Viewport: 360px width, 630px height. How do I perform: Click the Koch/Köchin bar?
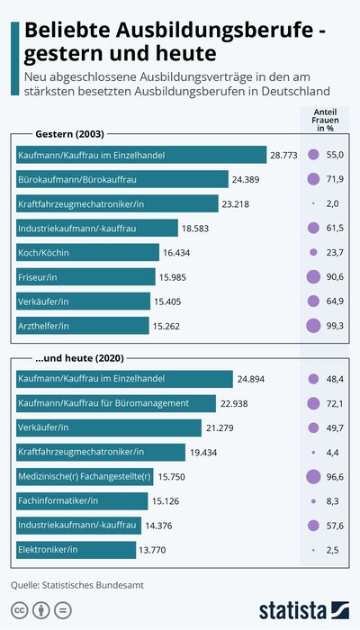click(x=87, y=252)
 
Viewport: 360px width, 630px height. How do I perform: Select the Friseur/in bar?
click(x=85, y=277)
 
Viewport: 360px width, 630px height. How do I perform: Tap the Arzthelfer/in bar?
click(x=83, y=326)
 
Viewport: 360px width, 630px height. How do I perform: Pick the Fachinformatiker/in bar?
click(x=82, y=501)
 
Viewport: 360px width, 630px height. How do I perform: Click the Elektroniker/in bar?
click(x=76, y=550)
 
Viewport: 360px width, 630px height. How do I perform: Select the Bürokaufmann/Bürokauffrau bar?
click(x=122, y=179)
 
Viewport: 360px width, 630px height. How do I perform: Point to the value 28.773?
click(x=283, y=155)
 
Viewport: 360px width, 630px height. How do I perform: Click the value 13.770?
click(x=152, y=550)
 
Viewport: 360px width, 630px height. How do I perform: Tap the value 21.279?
click(x=220, y=428)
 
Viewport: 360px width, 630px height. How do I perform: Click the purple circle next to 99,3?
click(x=313, y=326)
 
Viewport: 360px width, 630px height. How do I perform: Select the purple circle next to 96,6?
click(x=313, y=476)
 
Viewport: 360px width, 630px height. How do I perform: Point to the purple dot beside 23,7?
click(x=313, y=252)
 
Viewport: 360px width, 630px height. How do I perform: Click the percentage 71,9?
click(x=335, y=179)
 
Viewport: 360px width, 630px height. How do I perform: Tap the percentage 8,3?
click(x=333, y=501)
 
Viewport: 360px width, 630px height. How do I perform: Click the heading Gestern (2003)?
click(x=70, y=134)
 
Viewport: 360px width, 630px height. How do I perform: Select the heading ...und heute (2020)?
click(x=79, y=358)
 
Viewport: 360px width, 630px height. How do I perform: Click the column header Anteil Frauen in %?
click(x=326, y=120)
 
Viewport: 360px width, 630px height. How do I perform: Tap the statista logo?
click(x=304, y=610)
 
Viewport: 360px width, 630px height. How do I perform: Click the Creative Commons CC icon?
click(x=19, y=610)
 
